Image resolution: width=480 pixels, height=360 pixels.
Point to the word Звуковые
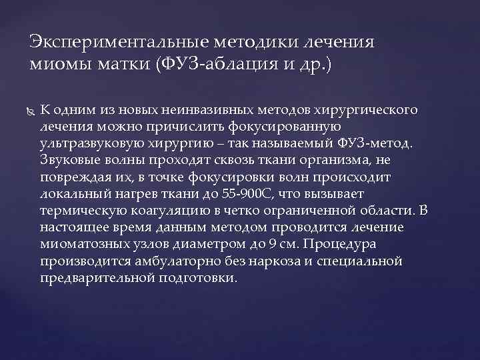point(70,160)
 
